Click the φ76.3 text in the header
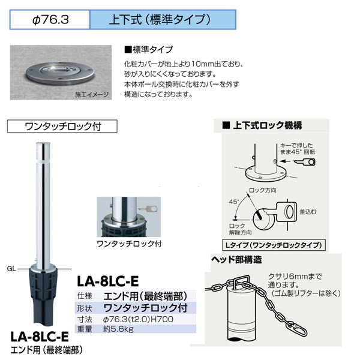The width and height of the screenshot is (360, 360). point(50,20)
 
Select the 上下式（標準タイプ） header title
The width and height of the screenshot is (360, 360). point(160,20)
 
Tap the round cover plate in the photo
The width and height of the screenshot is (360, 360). point(60,73)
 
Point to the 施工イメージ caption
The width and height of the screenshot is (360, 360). point(92,95)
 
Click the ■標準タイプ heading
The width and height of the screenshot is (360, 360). point(148,50)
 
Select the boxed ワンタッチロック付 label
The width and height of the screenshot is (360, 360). point(62,126)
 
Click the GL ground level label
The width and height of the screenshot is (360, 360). point(11,269)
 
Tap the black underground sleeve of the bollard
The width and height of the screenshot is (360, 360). point(43,296)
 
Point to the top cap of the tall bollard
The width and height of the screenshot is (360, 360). point(43,144)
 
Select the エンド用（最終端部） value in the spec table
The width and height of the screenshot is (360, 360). point(145,296)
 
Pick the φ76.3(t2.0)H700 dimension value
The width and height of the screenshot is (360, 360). point(138,319)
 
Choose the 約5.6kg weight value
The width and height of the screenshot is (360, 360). point(118,329)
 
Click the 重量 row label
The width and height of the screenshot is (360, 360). point(85,329)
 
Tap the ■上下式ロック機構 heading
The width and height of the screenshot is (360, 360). point(262,125)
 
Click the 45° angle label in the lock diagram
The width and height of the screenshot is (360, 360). point(234,202)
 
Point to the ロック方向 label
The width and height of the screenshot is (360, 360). point(263,190)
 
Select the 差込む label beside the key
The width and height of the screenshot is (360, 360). point(308,212)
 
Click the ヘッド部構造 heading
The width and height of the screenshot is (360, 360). point(236,259)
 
